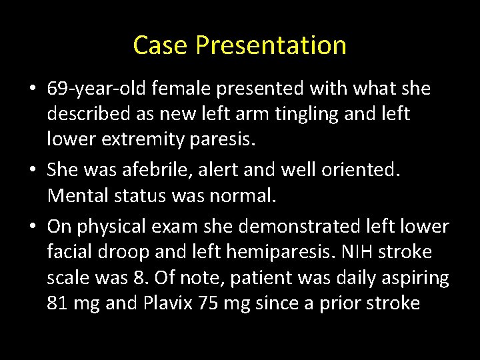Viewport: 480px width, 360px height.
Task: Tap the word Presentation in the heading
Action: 271,45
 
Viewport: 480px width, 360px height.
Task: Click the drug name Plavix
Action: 166,303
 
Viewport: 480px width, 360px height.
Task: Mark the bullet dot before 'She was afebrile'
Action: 34,171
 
